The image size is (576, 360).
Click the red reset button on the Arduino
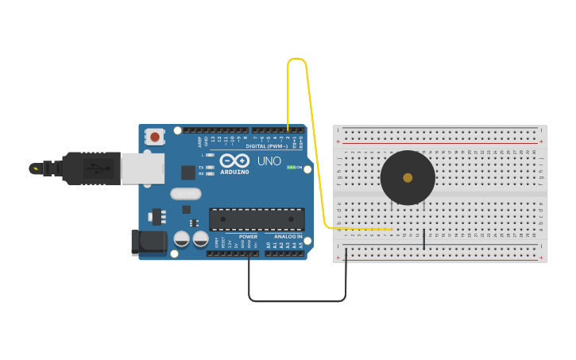[155, 137]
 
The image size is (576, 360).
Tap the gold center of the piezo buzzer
[408, 178]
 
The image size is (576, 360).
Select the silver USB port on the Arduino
[143, 168]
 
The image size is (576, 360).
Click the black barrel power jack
[149, 243]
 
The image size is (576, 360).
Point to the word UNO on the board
[269, 161]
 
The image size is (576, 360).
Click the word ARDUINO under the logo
[234, 172]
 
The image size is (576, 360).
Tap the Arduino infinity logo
[234, 160]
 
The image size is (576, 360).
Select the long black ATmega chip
[257, 219]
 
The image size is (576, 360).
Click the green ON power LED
[291, 168]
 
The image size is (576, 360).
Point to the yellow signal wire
[315, 143]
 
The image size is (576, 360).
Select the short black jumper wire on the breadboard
[424, 238]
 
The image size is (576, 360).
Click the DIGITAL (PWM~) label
[266, 146]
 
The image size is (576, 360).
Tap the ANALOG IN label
[288, 237]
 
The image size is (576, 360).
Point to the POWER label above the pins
[248, 237]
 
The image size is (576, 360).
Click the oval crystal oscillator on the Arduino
[186, 193]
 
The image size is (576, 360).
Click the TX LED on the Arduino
[209, 168]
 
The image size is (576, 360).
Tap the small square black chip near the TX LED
[188, 172]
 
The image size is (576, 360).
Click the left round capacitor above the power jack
[182, 238]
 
